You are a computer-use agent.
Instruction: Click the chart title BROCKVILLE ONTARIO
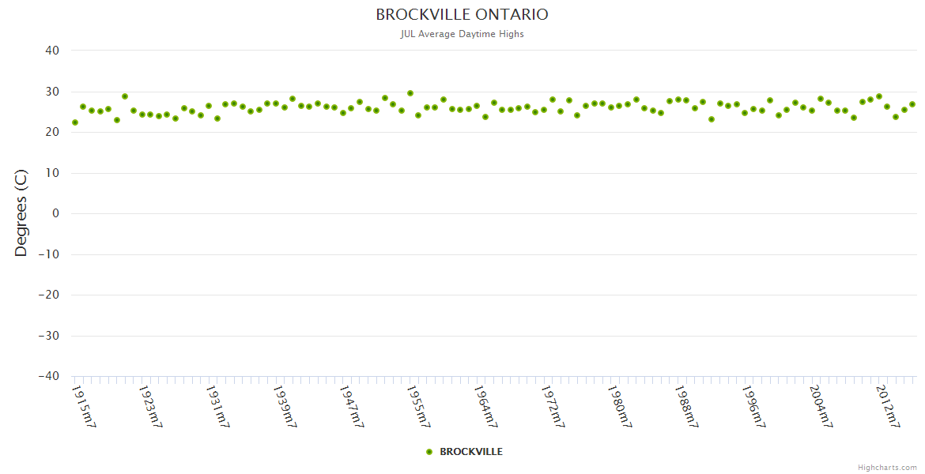[x=462, y=14]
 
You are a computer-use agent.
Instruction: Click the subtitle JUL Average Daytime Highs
[x=462, y=34]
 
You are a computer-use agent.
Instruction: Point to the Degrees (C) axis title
[x=21, y=213]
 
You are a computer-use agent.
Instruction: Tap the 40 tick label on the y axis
[x=52, y=51]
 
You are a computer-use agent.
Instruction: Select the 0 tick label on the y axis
[x=56, y=213]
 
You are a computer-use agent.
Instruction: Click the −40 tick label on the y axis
[x=48, y=376]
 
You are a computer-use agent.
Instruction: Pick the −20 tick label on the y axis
[x=48, y=295]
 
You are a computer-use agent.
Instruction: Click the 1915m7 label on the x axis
[x=84, y=406]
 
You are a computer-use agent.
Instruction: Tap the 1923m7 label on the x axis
[x=150, y=406]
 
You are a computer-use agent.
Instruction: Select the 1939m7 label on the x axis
[x=285, y=406]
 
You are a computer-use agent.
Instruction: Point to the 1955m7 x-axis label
[x=419, y=406]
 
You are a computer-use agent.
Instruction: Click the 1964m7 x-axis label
[x=486, y=406]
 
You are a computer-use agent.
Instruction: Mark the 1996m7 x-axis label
[x=754, y=406]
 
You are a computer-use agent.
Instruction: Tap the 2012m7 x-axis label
[x=889, y=406]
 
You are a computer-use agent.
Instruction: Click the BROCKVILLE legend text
[x=471, y=452]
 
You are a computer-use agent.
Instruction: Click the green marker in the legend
[x=429, y=452]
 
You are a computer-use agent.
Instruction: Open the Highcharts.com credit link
[x=887, y=468]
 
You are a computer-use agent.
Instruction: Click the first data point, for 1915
[x=75, y=122]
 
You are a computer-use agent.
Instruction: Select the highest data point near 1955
[x=410, y=93]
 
